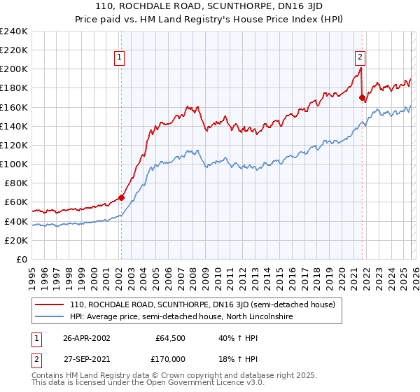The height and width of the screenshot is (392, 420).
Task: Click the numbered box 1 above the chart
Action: tap(120, 58)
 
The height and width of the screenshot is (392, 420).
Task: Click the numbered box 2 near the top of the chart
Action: tap(360, 58)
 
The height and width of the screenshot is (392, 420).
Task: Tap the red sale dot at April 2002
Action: tap(121, 197)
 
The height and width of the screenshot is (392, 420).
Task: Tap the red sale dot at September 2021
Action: tap(362, 97)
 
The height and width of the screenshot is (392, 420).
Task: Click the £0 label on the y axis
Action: tap(21, 259)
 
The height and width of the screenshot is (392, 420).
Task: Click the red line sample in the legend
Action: tap(50, 305)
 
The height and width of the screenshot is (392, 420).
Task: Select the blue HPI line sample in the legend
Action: tap(50, 317)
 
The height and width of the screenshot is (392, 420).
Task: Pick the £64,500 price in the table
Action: tap(170, 337)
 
